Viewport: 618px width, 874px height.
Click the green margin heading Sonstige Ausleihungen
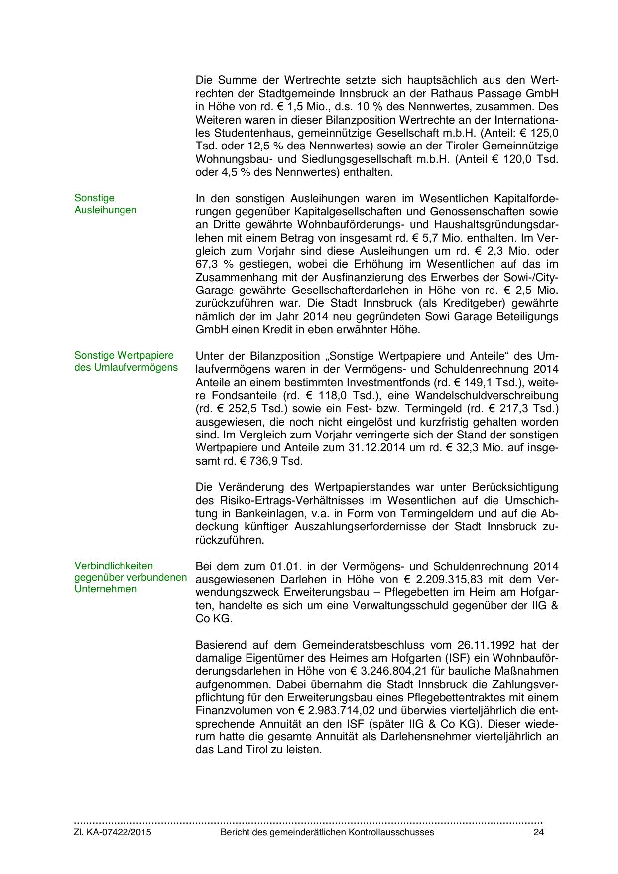pyautogui.click(x=105, y=204)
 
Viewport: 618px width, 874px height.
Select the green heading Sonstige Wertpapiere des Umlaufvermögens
pyautogui.click(x=125, y=362)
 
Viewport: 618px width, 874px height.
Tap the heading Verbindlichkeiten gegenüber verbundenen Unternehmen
pyautogui.click(x=130, y=578)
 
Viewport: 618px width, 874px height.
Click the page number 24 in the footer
pyautogui.click(x=538, y=832)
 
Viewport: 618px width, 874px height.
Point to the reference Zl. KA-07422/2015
pyautogui.click(x=113, y=832)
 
